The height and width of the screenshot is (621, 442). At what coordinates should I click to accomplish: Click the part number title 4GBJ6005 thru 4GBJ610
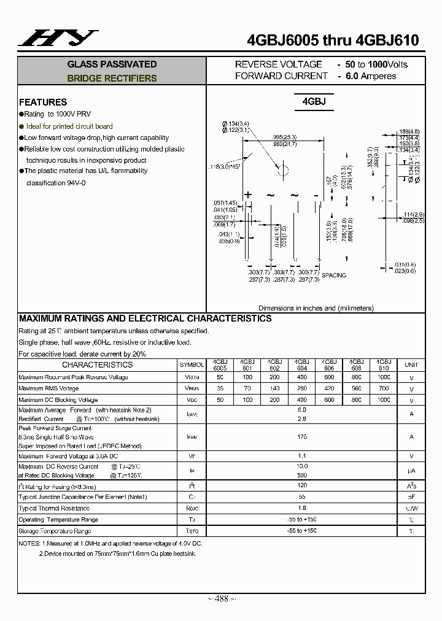click(332, 40)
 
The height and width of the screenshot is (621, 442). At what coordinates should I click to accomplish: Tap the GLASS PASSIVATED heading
click(112, 64)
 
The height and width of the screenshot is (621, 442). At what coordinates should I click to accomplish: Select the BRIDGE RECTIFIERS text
click(112, 79)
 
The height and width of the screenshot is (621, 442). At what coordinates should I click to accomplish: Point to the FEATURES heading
click(43, 102)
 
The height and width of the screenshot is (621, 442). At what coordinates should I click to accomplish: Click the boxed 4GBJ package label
click(313, 101)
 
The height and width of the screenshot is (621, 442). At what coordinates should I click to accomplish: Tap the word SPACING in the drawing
click(334, 276)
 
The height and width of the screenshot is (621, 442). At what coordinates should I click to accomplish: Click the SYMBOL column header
click(192, 365)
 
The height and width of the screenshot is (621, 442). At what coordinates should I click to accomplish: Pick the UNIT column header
click(411, 365)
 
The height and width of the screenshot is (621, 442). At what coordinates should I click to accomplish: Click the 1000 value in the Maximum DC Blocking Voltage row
click(384, 399)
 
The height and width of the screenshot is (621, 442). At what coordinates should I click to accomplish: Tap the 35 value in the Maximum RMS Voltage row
click(220, 388)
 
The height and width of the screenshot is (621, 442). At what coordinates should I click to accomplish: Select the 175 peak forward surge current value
click(301, 436)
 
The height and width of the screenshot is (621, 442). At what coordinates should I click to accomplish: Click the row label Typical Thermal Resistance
click(54, 508)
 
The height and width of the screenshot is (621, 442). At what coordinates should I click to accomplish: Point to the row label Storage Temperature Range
click(55, 531)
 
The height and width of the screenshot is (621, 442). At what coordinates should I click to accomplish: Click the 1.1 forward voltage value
click(301, 456)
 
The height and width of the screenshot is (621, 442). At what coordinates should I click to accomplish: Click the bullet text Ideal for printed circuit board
click(69, 126)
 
